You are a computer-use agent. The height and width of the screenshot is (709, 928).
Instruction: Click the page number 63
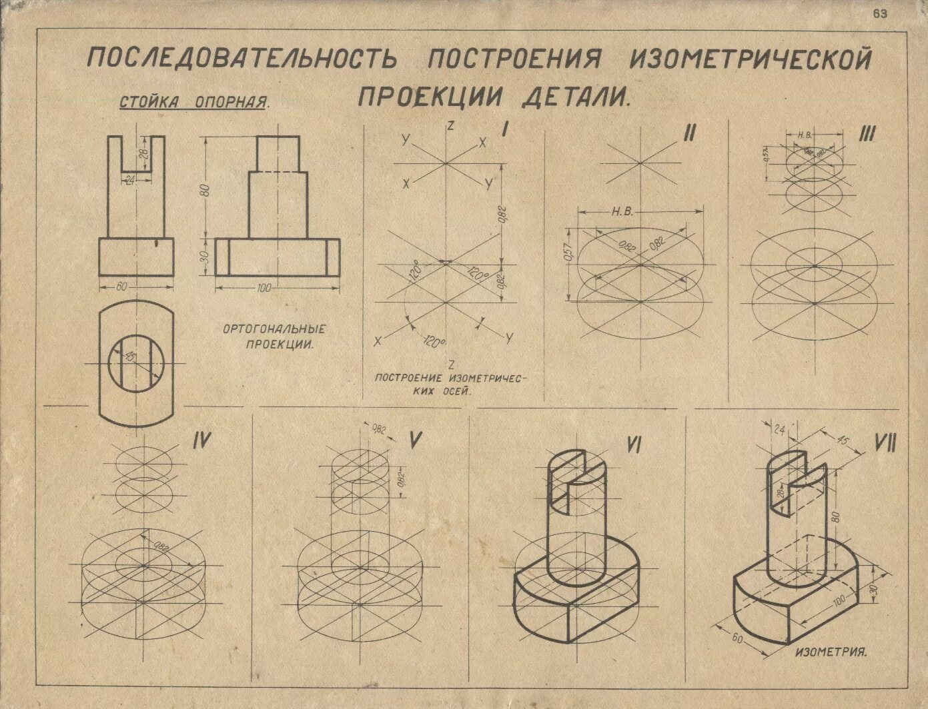[879, 15]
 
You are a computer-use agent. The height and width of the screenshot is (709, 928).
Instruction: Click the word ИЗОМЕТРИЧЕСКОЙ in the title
[751, 59]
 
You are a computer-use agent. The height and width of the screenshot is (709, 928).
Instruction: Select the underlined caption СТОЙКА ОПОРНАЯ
[194, 103]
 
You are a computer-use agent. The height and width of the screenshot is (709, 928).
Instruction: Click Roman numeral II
[689, 133]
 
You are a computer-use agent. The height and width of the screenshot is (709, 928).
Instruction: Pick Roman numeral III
[867, 134]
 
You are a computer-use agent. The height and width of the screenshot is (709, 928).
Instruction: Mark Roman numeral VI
[632, 444]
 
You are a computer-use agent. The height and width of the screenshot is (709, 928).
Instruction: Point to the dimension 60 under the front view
[121, 287]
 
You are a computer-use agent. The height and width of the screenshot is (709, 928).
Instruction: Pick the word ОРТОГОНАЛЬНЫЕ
[274, 329]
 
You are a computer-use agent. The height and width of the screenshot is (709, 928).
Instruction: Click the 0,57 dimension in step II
[568, 253]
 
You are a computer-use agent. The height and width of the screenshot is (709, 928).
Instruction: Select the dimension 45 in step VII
[842, 441]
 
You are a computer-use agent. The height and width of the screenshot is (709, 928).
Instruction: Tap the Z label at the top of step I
[451, 125]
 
